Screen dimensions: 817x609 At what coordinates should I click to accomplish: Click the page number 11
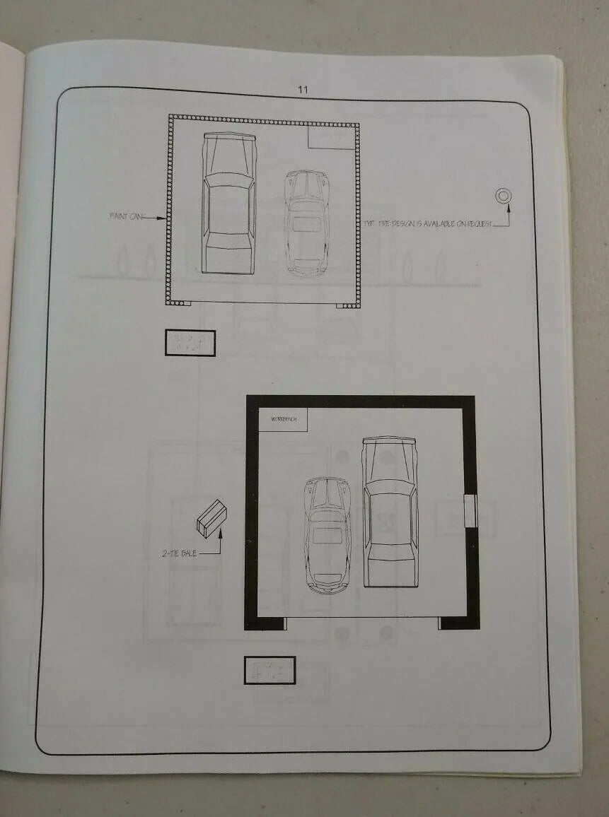pyautogui.click(x=303, y=90)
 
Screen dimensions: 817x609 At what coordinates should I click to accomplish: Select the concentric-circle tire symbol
pyautogui.click(x=502, y=196)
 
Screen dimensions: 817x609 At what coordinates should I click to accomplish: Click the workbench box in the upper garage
pyautogui.click(x=329, y=136)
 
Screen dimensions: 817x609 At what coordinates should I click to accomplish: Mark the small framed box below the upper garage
pyautogui.click(x=190, y=343)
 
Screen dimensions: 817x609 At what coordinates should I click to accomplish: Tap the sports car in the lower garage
pyautogui.click(x=326, y=534)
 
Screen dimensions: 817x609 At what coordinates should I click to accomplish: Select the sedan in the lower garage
pyautogui.click(x=390, y=511)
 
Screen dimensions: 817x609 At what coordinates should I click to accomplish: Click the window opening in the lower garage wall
pyautogui.click(x=470, y=511)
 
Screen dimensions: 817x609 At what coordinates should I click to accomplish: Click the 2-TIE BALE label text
pyautogui.click(x=179, y=553)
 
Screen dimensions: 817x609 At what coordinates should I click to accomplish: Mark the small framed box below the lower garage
pyautogui.click(x=269, y=670)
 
